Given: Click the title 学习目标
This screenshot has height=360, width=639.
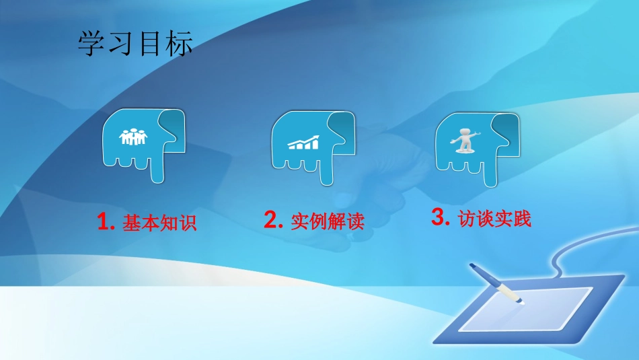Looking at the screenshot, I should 136,45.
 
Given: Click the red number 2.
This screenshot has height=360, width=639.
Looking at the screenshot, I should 272,220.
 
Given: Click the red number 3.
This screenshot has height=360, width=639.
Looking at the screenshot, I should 439,217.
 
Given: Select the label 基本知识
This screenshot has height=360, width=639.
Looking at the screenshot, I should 159,223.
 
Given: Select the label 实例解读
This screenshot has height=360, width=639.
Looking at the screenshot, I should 328,221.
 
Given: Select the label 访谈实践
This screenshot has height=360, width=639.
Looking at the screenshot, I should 494,219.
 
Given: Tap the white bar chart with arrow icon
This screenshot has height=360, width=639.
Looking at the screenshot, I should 303,142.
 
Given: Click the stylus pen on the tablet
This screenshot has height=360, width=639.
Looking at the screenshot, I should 496,285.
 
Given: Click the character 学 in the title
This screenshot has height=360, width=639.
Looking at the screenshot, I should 92,45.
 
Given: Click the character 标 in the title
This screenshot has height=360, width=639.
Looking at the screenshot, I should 180,45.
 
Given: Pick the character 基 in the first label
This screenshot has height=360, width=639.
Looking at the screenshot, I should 131,223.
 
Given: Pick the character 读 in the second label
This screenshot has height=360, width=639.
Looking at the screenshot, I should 355,221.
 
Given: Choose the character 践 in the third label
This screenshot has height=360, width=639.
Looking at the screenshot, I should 522,219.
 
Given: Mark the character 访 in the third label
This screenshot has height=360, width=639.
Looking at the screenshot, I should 467,219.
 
